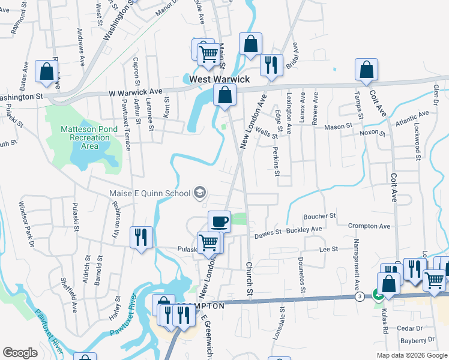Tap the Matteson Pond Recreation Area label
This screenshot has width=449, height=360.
point(86,137)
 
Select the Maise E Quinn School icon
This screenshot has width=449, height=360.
point(200,193)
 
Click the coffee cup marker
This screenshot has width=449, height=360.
point(219,220)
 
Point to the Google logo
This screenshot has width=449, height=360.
point(20,353)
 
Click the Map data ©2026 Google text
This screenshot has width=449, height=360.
point(411,355)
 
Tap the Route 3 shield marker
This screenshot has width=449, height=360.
point(359,296)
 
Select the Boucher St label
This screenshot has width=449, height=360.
point(319,215)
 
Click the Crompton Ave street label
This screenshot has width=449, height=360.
point(370,226)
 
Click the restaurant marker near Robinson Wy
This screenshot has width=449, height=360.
point(142,236)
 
